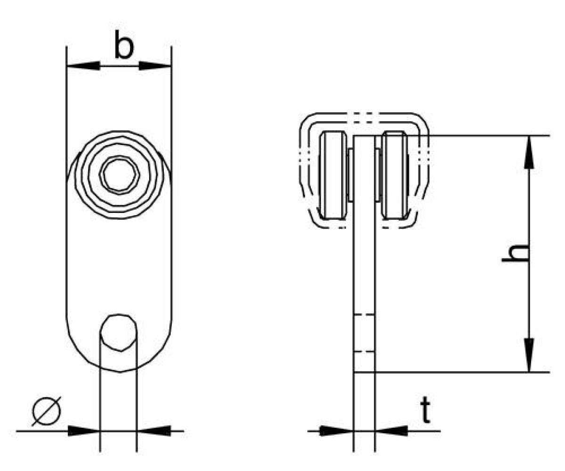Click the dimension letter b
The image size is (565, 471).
[x=124, y=45]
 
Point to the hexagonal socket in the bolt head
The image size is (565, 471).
[x=120, y=175]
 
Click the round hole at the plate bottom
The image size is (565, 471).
[x=118, y=333]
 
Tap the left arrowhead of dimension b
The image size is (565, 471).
[x=83, y=66]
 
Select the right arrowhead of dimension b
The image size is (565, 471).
[x=155, y=66]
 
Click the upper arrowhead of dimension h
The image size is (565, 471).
[x=529, y=152]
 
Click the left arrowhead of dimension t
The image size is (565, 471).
[x=337, y=431]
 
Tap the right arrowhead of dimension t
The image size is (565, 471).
[x=391, y=431]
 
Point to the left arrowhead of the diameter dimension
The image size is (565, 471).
[x=84, y=431]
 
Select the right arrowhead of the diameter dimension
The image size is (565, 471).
[x=153, y=431]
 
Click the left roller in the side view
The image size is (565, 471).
[x=333, y=175]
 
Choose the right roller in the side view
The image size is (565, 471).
[x=395, y=175]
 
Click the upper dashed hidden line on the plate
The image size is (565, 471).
[x=364, y=315]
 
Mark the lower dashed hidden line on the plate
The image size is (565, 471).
[x=364, y=352]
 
